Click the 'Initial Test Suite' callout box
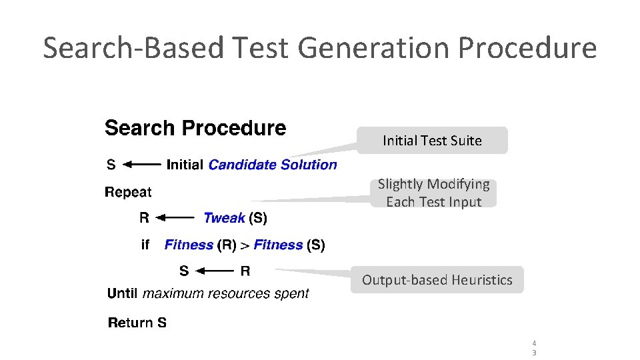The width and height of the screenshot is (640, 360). tap(432, 141)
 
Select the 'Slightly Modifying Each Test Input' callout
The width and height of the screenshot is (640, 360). tap(433, 193)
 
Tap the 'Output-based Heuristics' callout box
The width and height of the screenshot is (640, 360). tap(437, 280)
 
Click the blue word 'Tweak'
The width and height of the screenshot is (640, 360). tap(225, 217)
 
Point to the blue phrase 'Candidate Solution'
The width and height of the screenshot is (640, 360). tap(273, 165)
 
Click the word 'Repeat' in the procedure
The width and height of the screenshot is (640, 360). tap(128, 192)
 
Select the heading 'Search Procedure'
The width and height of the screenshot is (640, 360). tap(195, 128)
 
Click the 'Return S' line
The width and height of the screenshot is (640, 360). tap(137, 323)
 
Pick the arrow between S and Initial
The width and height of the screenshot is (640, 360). tap(142, 165)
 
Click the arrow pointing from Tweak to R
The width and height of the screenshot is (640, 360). tap(176, 217)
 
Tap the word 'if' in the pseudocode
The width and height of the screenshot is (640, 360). tap(145, 245)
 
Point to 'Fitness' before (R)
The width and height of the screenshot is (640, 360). tap(189, 245)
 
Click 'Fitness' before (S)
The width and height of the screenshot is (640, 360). tap(278, 245)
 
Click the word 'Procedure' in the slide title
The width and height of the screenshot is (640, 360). tap(539, 48)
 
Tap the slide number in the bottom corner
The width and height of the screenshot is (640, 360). tap(534, 348)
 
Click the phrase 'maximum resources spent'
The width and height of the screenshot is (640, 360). tap(226, 293)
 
